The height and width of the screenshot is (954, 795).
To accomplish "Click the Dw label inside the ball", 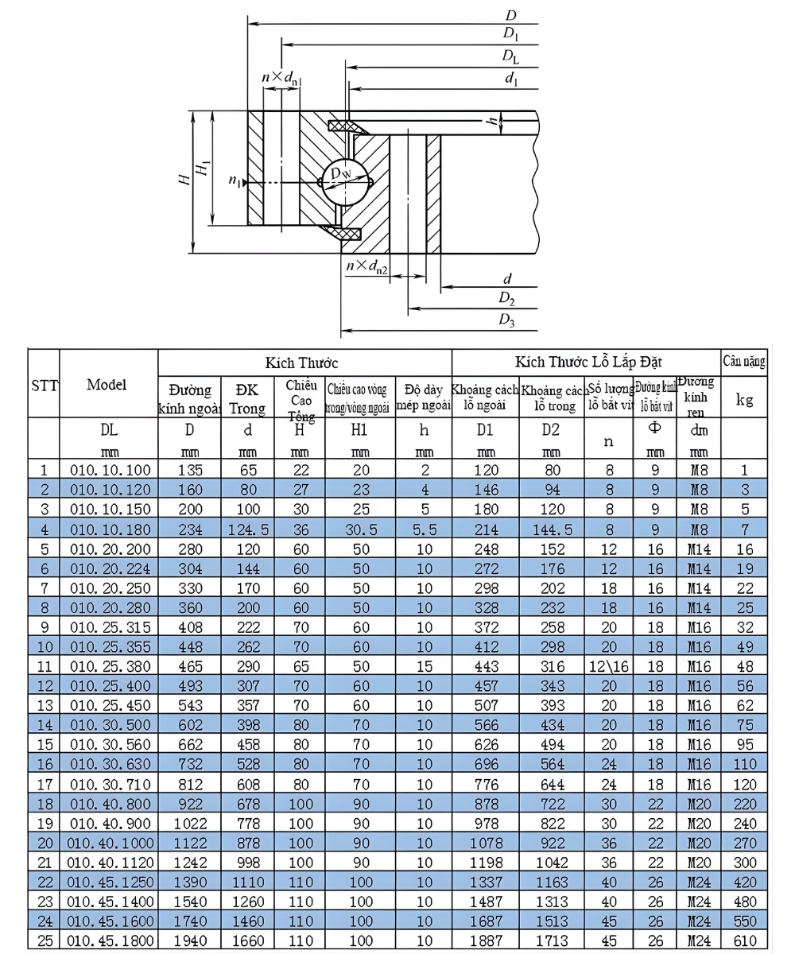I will [345, 174].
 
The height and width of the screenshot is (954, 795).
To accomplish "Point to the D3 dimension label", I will [506, 320].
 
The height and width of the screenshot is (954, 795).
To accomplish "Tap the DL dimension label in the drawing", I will [510, 56].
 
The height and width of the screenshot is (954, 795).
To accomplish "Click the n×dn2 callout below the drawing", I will [367, 266].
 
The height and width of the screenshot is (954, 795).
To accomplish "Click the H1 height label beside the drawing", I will [205, 168].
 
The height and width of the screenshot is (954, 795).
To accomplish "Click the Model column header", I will [107, 384].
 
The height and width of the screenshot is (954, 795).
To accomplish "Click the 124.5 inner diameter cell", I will [248, 528].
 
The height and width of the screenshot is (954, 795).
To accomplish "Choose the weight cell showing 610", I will [744, 941].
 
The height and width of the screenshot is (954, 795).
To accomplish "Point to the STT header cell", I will [44, 387].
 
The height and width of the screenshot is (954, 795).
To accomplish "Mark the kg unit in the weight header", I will [744, 400].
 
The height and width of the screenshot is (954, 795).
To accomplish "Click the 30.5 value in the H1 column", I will [360, 528].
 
